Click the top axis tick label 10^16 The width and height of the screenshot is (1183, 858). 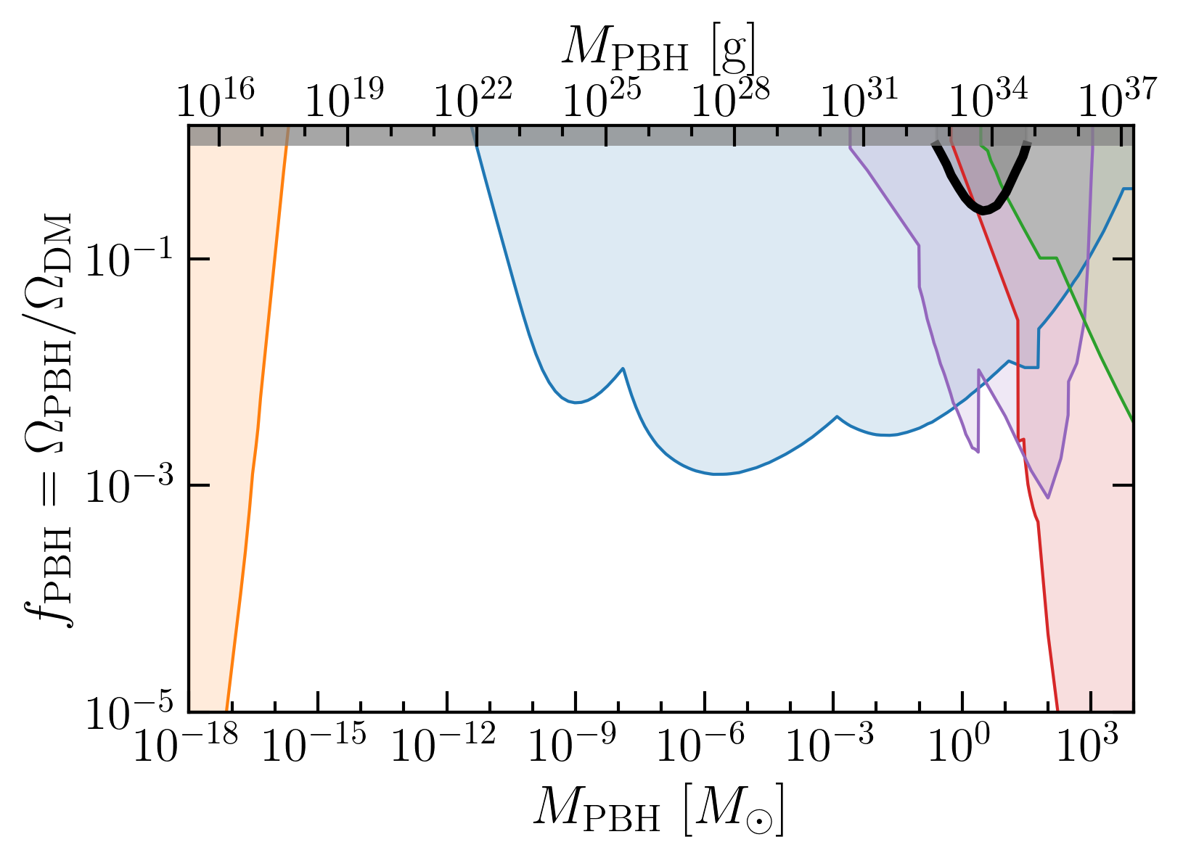click(215, 98)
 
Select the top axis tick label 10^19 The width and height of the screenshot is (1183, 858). click(344, 98)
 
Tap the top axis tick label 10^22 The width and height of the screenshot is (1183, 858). click(473, 98)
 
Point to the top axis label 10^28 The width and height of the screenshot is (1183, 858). click(730, 98)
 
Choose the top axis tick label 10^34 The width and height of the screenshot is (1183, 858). click(988, 98)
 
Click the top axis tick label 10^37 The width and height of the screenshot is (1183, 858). click(1117, 98)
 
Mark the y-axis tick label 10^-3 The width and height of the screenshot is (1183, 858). click(129, 484)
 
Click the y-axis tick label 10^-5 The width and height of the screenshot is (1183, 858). click(129, 711)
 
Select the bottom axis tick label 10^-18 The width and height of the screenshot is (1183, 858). click(186, 743)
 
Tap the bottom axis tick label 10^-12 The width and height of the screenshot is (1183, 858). click(443, 743)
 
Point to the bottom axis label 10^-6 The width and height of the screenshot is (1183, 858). click(700, 743)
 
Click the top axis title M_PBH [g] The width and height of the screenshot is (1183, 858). click(658, 49)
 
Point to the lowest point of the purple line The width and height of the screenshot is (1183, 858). click(1048, 498)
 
